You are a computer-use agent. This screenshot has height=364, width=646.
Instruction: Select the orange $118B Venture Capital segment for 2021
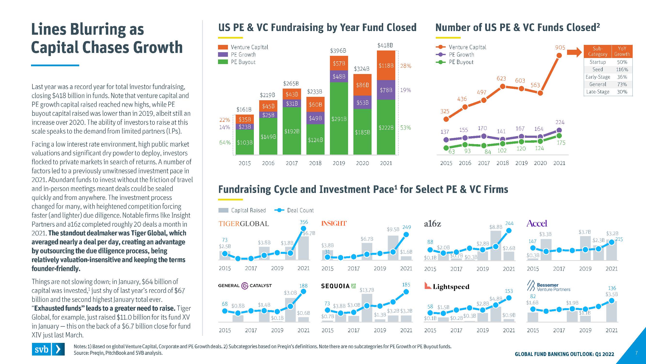coord(386,66)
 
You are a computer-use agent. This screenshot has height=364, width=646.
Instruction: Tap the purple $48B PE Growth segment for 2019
coord(339,76)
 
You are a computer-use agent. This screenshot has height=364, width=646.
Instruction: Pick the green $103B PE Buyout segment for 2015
coord(244,142)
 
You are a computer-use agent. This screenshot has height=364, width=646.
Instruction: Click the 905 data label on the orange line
coord(560,48)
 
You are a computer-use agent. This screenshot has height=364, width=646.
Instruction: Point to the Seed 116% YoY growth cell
coord(622,69)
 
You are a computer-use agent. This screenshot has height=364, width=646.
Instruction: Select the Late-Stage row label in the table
coord(598,92)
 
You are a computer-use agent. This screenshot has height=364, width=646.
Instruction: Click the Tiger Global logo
coord(243,223)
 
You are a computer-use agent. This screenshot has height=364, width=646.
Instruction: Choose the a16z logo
coord(432,223)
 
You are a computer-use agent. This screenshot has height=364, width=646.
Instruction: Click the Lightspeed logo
coord(447,286)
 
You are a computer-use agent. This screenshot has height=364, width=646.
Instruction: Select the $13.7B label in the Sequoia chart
coord(367,290)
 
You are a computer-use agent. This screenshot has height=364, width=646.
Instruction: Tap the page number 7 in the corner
coord(636,353)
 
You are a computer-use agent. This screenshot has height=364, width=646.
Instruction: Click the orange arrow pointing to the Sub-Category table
coord(574,52)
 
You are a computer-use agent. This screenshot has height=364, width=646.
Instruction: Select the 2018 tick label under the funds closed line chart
coord(503,163)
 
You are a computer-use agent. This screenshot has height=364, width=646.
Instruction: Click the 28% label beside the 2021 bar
coord(405,66)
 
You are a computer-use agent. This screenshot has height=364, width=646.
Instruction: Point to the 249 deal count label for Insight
coord(406,227)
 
